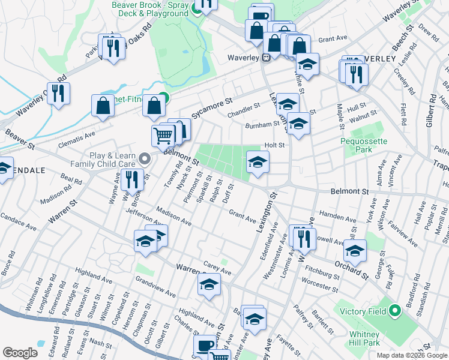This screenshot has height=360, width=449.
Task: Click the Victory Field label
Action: (363, 311)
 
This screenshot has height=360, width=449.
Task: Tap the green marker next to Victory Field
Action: (394, 311)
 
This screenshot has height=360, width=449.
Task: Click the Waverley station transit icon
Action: (265, 58)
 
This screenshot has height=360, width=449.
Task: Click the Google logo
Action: (20, 353)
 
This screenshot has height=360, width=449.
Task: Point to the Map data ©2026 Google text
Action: (412, 355)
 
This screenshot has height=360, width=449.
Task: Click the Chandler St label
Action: (243, 109)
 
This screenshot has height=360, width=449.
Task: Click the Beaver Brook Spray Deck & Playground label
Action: (149, 9)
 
